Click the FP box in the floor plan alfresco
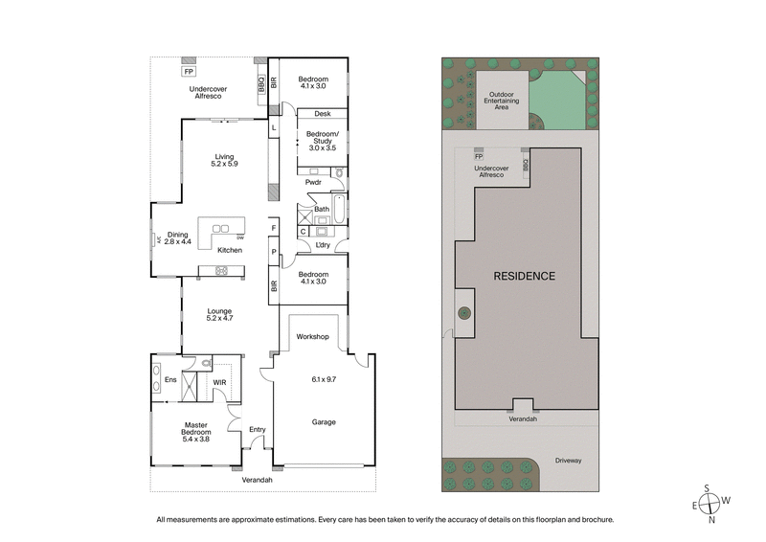point(189,71)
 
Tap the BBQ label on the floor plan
point(260,85)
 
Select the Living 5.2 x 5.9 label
point(224,160)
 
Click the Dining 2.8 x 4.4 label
point(178,237)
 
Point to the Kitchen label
point(230,250)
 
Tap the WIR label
point(219,383)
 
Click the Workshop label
point(312,337)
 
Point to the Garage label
point(322,421)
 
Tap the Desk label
point(322,113)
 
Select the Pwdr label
point(313,182)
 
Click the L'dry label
point(323,245)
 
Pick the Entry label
point(257,430)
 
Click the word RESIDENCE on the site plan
point(524,276)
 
